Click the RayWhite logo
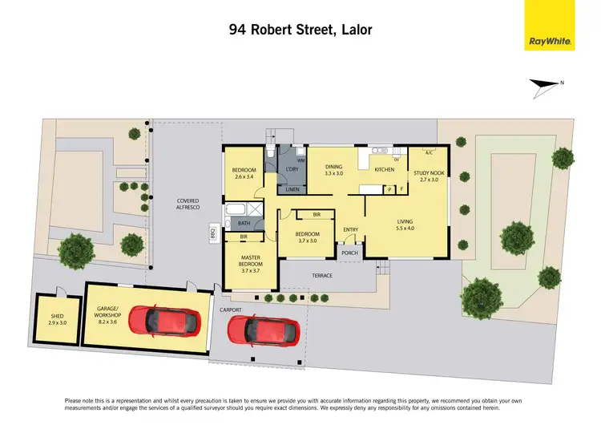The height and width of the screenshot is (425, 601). click(x=550, y=25)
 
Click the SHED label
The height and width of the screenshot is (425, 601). click(x=57, y=319)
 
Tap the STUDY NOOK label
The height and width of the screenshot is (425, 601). click(x=430, y=176)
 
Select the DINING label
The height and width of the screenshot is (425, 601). click(x=333, y=169)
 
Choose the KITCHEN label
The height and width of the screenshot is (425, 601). click(x=384, y=169)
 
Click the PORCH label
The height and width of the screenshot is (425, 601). click(x=349, y=253)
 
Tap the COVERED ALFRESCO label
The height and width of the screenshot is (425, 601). click(x=188, y=204)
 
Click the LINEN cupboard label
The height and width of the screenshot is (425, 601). click(x=292, y=189)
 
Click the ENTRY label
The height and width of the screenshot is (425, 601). click(x=350, y=230)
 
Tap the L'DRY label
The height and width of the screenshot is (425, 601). click(x=292, y=169)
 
